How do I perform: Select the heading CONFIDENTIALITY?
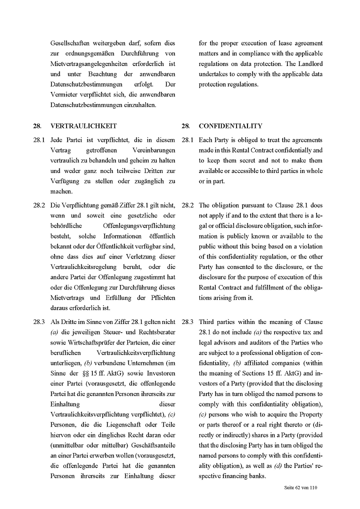230,126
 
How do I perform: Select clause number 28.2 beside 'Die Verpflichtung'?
39,205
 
